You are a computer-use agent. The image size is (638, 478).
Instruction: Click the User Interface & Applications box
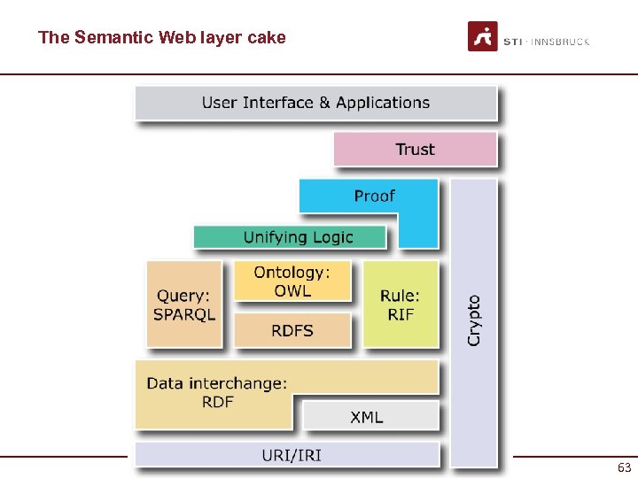tap(315, 103)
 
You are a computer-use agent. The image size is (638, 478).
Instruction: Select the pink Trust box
tap(415, 149)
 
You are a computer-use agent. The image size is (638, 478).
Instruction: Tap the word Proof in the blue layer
tap(374, 196)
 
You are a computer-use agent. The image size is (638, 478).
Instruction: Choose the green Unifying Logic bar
tap(298, 237)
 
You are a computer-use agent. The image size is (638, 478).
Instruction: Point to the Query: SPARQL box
tap(184, 305)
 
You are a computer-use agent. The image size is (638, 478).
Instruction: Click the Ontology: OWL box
tap(292, 281)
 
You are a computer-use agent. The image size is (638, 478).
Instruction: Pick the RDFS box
tap(292, 330)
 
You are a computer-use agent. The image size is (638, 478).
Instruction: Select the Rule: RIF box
tap(401, 305)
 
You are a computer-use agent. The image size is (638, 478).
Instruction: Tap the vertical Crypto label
tap(474, 320)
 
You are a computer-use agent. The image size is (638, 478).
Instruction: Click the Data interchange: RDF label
tap(217, 392)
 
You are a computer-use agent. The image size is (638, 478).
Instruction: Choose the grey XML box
tap(367, 416)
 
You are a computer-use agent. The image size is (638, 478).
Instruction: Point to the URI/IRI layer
tap(292, 455)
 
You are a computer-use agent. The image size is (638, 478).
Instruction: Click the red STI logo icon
tap(483, 36)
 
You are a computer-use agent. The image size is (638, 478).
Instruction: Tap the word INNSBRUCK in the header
tap(560, 42)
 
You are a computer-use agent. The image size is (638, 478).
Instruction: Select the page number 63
tap(624, 466)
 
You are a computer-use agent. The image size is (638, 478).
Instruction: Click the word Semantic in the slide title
tap(114, 37)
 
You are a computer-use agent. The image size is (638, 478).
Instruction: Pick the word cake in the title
tap(268, 37)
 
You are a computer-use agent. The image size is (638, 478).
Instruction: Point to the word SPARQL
tap(184, 314)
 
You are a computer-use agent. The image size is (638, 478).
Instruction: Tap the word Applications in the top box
tap(383, 103)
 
